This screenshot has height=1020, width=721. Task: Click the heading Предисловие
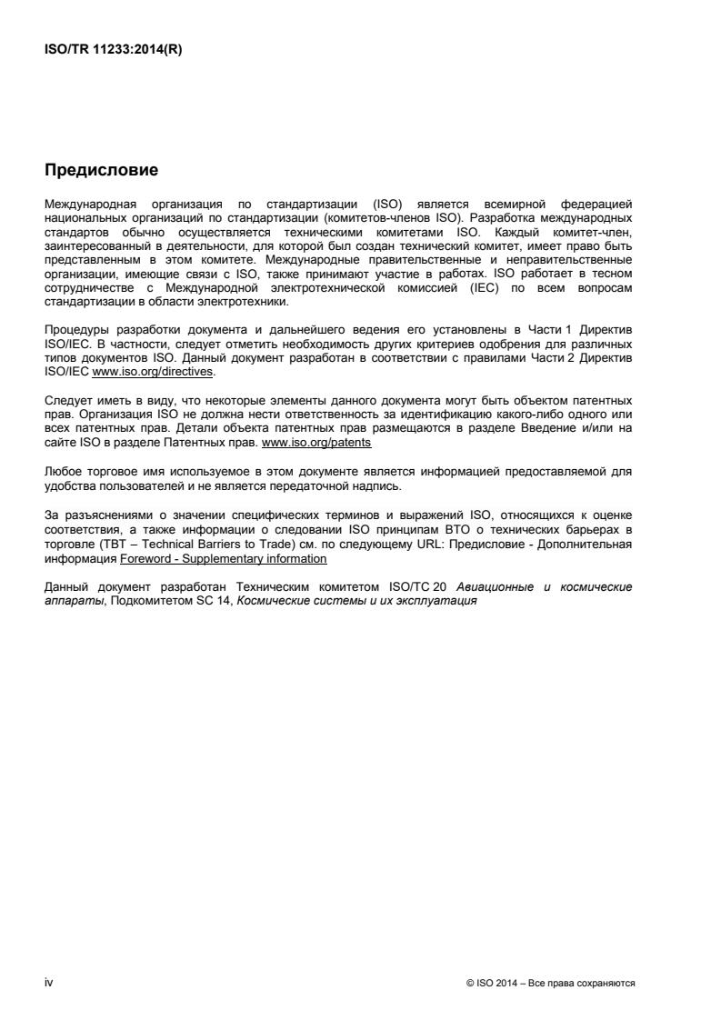pyautogui.click(x=102, y=170)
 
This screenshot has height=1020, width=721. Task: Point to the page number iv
pyautogui.click(x=49, y=984)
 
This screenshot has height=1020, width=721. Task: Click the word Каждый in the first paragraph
pyautogui.click(x=524, y=218)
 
